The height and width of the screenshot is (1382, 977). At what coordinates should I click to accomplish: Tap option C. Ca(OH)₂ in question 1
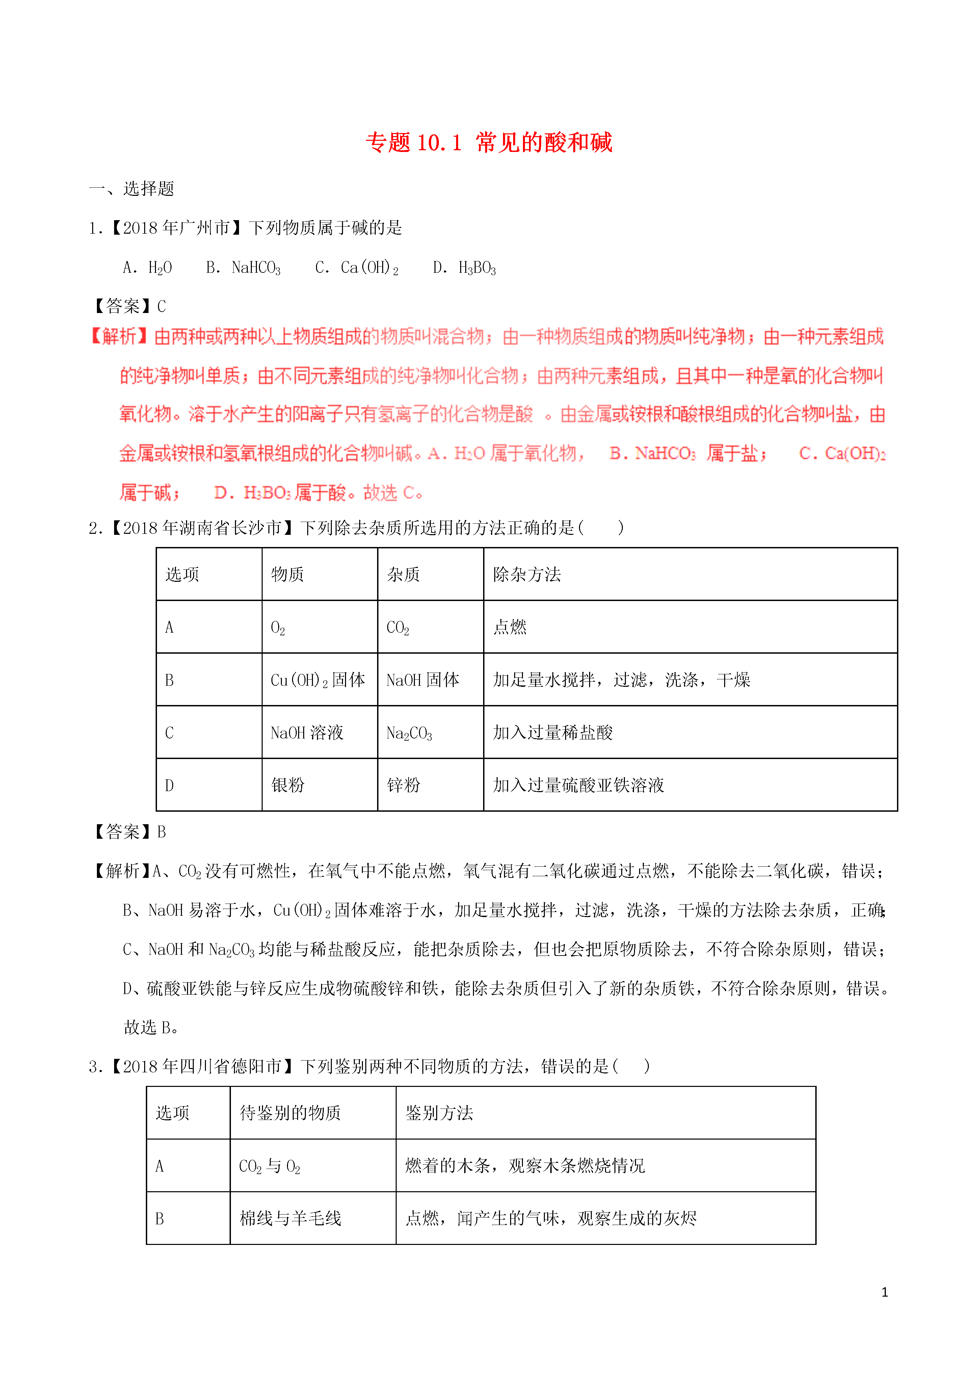357,268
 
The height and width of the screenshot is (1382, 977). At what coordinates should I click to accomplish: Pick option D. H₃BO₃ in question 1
464,268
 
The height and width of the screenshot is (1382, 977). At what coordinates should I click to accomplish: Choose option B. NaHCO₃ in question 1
243,268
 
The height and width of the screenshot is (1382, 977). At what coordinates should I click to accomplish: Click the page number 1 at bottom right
884,1292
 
